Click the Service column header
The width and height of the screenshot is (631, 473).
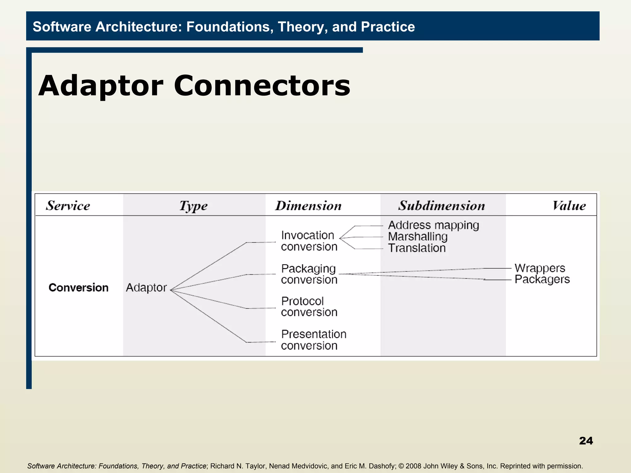(x=68, y=206)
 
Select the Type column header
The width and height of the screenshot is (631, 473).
(x=193, y=206)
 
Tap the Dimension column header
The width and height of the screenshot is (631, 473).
(x=308, y=206)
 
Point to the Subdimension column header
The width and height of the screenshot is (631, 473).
(x=442, y=206)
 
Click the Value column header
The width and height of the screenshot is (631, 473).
(x=569, y=206)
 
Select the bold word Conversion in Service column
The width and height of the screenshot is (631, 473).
(x=79, y=288)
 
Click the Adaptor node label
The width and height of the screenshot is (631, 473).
(x=146, y=288)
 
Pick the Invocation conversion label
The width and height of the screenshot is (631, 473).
(x=309, y=241)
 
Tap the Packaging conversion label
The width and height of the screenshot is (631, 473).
(x=309, y=274)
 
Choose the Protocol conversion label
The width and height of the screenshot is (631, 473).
(x=309, y=307)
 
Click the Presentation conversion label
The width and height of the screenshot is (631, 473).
(x=313, y=340)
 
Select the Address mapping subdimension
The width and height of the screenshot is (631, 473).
(x=434, y=225)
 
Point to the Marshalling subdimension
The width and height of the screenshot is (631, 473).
(x=417, y=237)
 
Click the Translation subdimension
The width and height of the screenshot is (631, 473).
(x=417, y=248)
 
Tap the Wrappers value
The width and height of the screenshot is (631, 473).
(x=540, y=268)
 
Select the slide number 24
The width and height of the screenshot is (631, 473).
(x=586, y=441)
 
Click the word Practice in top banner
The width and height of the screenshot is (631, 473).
(x=388, y=27)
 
